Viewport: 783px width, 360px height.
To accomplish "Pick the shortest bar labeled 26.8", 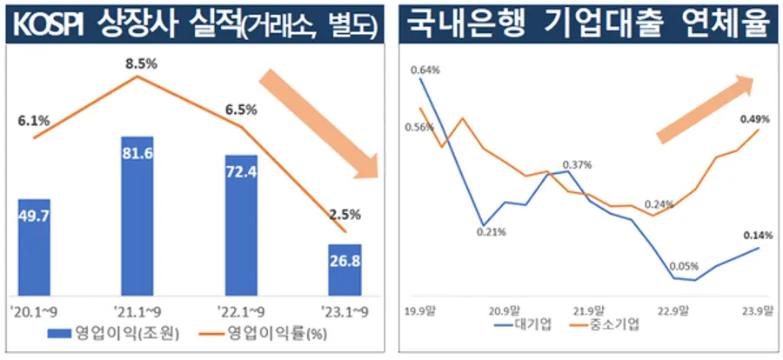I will pos(345,269).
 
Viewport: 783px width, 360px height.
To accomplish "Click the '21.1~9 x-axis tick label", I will pos(137,310).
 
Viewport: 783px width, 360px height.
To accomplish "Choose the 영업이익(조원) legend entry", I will pos(113,333).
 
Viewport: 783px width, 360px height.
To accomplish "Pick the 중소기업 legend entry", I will pos(607,325).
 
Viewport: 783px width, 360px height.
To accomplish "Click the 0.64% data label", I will pos(425,70).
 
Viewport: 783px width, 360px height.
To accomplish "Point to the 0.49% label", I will pos(753,118).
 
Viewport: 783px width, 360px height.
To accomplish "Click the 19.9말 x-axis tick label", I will pos(422,310).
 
